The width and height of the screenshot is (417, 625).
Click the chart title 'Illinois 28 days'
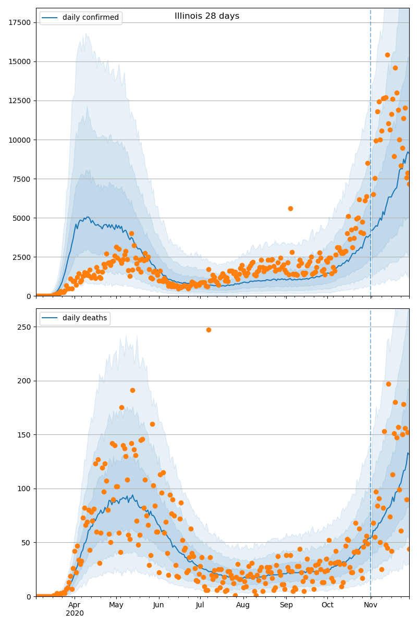(x=207, y=16)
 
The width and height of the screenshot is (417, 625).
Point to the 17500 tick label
(x=19, y=22)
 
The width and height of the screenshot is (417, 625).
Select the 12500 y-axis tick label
(x=19, y=101)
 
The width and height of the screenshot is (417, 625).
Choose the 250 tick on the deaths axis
(x=24, y=327)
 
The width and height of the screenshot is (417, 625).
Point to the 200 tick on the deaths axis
(x=24, y=381)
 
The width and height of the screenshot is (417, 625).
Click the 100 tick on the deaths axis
(x=24, y=489)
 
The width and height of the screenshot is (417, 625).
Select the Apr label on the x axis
(x=75, y=605)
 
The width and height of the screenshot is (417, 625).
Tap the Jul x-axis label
(x=200, y=605)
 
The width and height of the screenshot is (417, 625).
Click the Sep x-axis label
(x=286, y=605)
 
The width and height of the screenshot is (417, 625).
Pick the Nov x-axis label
(x=371, y=605)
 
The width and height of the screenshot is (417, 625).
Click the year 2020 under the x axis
(x=75, y=614)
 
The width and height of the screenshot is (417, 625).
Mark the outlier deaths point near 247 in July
(x=208, y=330)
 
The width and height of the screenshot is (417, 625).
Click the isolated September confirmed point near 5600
(x=290, y=208)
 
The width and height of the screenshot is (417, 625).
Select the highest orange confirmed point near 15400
(x=387, y=55)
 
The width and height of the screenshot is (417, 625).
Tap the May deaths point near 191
(x=132, y=390)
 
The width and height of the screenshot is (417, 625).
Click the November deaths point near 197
(x=388, y=384)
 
